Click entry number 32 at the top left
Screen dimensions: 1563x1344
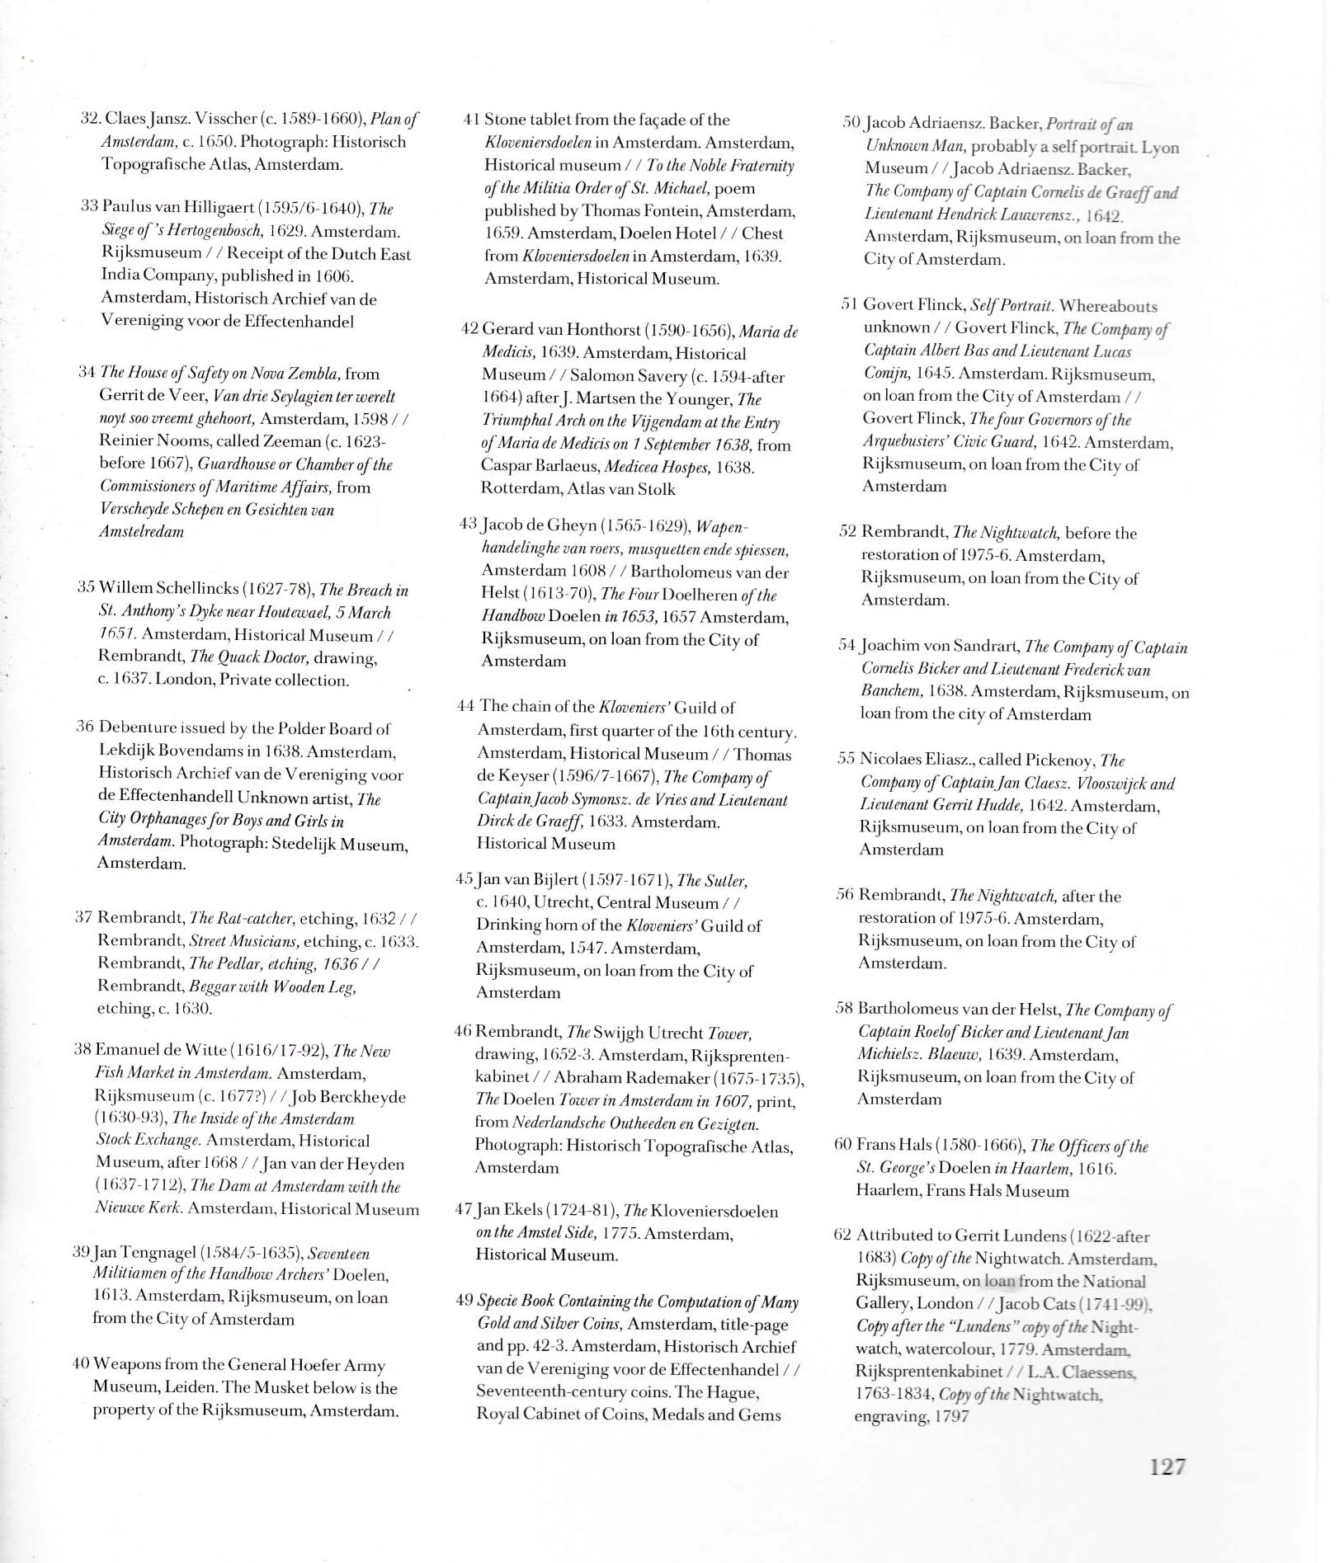coord(89,119)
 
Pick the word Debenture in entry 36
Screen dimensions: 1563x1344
coord(136,728)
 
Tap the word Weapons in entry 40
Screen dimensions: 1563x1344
coord(125,1365)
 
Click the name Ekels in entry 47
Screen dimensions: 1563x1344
coord(520,1212)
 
